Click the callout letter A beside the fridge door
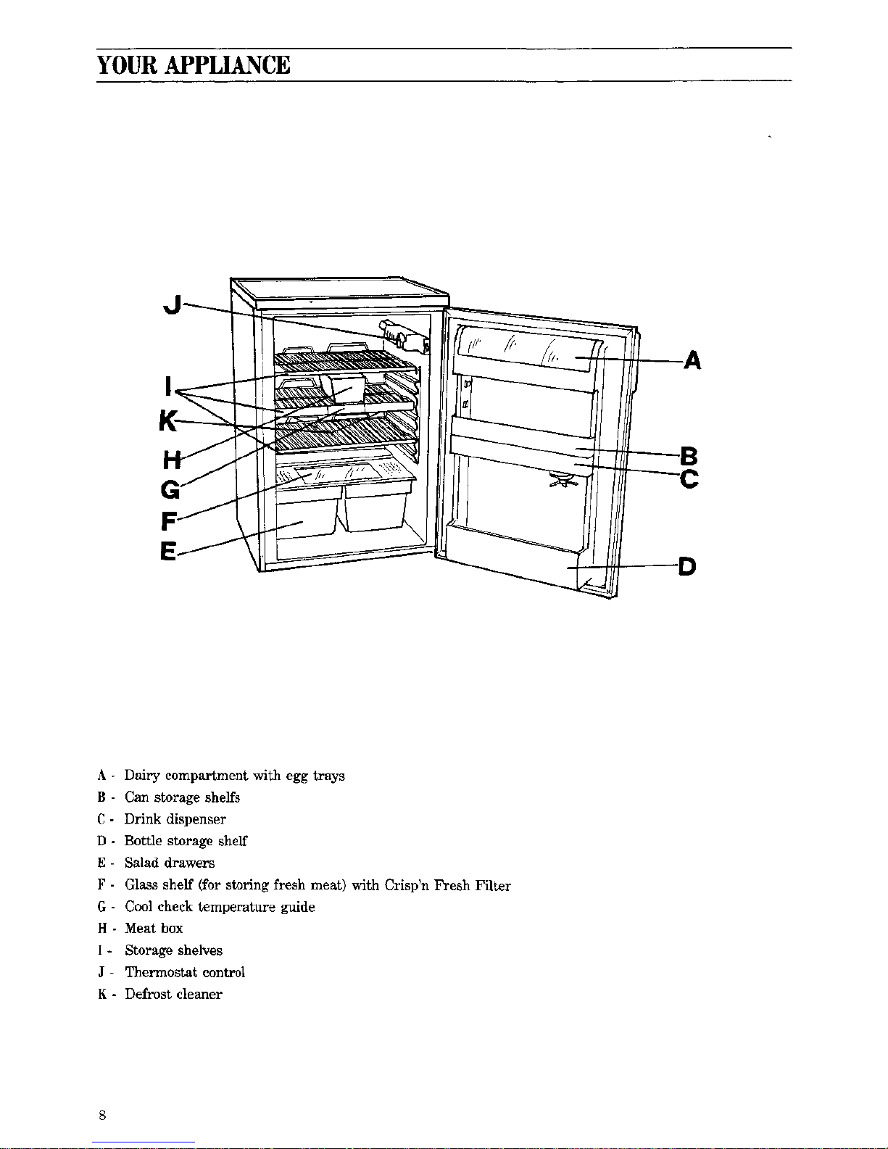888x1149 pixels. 692,361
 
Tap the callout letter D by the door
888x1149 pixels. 687,567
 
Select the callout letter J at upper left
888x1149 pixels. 173,305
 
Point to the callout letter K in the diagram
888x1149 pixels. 169,421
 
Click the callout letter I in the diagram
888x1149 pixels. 169,386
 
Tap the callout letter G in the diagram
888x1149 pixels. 170,489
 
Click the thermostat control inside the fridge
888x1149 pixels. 405,337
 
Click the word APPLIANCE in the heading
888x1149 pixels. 228,65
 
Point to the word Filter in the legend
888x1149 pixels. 493,884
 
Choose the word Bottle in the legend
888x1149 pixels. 144,841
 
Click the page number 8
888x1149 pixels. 102,1115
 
